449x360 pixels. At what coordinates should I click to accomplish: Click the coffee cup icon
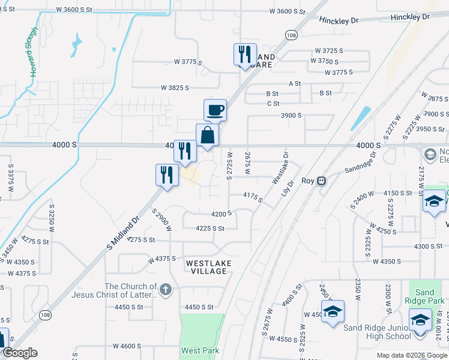215,110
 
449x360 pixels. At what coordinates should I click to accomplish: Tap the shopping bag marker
207,135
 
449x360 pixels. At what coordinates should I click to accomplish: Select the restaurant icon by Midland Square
244,55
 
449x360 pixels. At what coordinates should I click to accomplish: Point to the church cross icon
166,290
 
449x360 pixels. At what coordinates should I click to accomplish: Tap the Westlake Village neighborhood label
206,267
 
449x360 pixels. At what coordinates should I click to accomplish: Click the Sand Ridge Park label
424,297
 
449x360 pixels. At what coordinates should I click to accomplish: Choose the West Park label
200,350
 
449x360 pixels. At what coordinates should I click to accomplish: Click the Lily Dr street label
288,190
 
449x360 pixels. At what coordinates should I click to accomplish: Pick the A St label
295,83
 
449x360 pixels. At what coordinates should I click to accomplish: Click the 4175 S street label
252,196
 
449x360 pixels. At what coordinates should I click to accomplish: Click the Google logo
20,353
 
